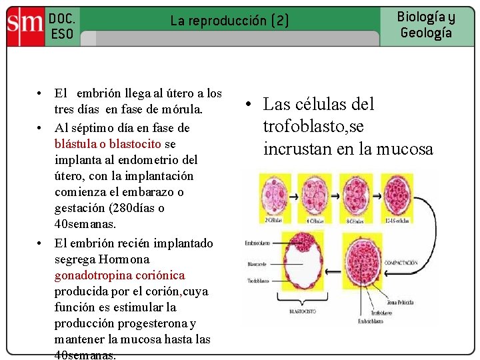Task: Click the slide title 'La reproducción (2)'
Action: [x=230, y=21]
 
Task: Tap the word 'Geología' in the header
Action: [x=426, y=33]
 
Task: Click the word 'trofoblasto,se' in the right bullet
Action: [x=313, y=127]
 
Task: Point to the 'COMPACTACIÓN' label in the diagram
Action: [x=401, y=263]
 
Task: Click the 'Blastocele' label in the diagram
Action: [x=257, y=265]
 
